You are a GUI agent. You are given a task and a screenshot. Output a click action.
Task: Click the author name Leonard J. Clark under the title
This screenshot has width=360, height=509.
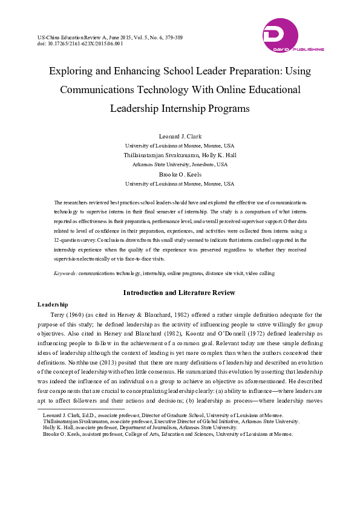tap(180, 137)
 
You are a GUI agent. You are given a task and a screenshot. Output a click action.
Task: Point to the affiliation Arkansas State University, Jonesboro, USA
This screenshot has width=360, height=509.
tap(180, 164)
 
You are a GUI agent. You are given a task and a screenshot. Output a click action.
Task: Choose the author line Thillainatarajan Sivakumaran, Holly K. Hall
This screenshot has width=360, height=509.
tap(180, 155)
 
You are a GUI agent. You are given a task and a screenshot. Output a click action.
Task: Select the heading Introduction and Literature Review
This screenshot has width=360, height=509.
tap(180, 293)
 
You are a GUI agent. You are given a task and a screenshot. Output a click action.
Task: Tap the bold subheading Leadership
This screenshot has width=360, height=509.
tap(53, 303)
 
